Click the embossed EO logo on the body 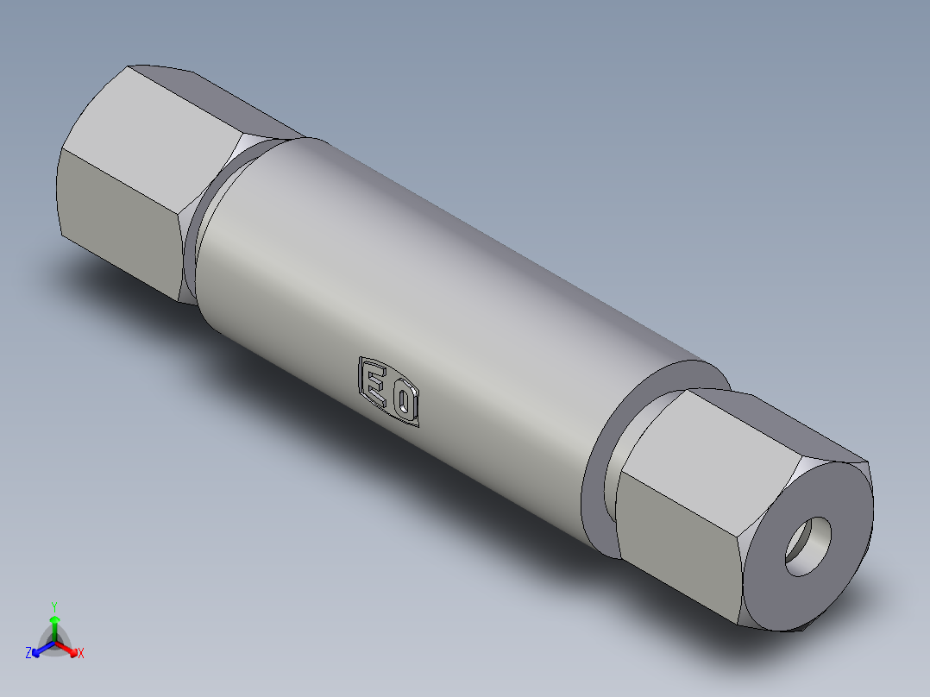pos(389,392)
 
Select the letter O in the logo pos(405,401)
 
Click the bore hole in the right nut pos(809,546)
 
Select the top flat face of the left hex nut pos(185,99)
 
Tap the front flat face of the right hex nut pos(682,526)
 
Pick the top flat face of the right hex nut pos(768,423)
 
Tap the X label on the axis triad pos(81,654)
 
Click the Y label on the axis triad pos(54,606)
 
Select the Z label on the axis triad pos(28,654)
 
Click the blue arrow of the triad pos(40,649)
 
